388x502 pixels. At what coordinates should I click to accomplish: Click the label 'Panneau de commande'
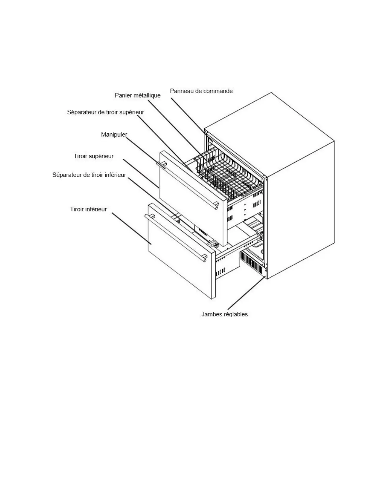point(201,91)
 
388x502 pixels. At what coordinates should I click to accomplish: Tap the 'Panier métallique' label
point(138,95)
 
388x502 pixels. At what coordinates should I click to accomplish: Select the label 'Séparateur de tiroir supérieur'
point(106,112)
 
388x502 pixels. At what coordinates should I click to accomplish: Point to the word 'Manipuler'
point(114,134)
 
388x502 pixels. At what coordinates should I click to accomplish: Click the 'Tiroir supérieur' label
point(94,156)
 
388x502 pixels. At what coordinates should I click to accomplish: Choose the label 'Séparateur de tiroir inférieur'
point(89,175)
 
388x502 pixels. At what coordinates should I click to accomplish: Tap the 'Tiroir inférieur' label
point(88,209)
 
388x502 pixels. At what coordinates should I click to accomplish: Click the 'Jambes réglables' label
point(224,314)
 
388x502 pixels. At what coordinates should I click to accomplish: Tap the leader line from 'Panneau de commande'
point(187,114)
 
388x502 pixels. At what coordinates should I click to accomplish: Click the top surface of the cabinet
point(269,133)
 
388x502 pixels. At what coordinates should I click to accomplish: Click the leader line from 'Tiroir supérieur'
point(141,174)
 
